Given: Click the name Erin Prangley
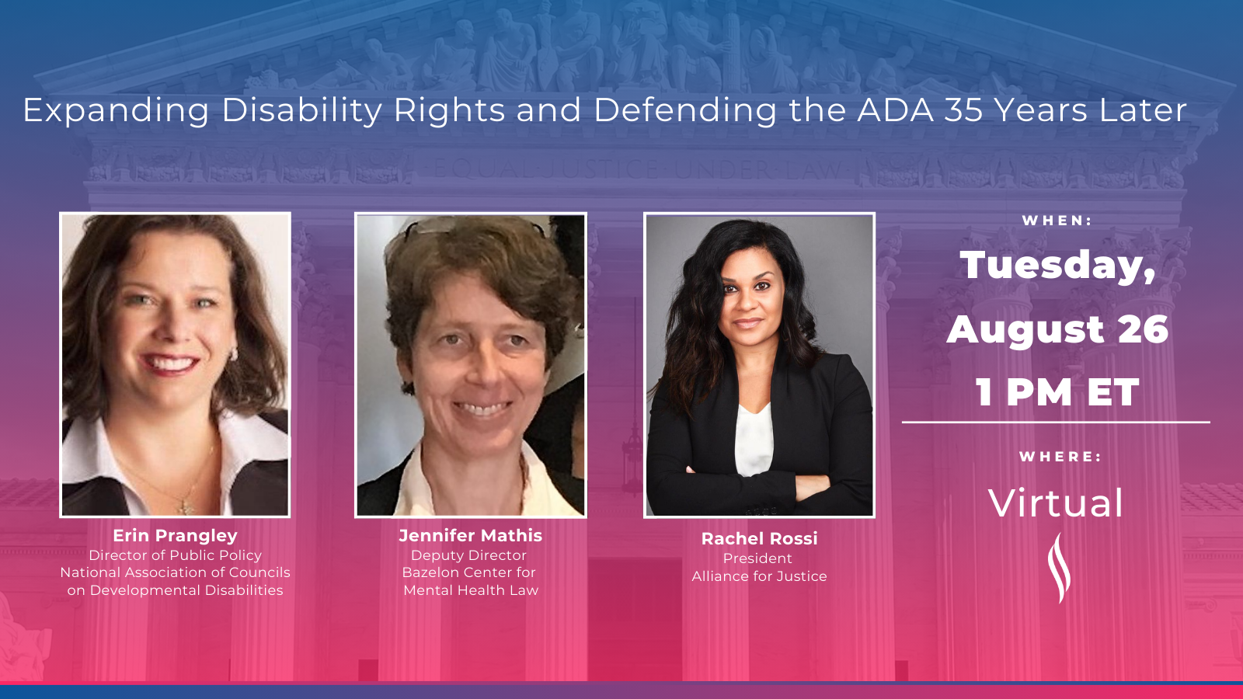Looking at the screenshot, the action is point(175,535).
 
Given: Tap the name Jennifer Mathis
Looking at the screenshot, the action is point(471,535).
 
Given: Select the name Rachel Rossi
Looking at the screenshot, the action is point(759,538).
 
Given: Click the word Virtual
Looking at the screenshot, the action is point(1056,503).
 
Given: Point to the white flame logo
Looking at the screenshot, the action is point(1059,568).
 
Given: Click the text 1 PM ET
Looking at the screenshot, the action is point(1057,392).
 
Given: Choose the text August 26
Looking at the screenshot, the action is point(1057,329).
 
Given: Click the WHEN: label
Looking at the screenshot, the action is point(1057,221).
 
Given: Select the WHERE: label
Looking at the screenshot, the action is point(1060,457).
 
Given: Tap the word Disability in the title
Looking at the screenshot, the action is point(302,111).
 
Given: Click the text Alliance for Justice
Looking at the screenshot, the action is point(759,576).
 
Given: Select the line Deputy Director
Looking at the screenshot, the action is point(469,555).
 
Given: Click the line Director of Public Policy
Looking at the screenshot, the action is point(175,555).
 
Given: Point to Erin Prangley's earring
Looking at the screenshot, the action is point(234,353).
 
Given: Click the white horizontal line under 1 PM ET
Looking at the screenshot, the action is point(1056,423).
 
